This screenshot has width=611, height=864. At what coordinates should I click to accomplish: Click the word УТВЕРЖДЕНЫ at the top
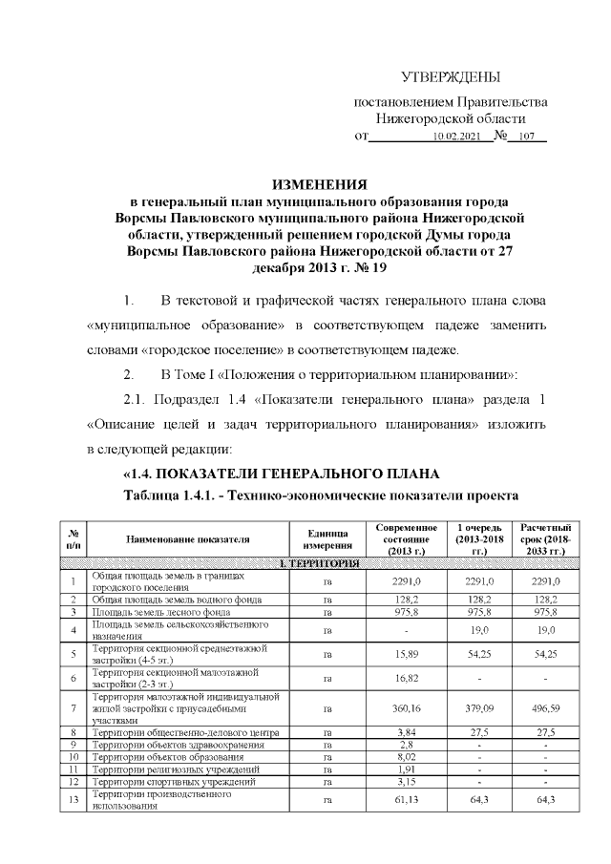coord(450,77)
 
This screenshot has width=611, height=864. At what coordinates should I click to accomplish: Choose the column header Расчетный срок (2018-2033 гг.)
coord(545,539)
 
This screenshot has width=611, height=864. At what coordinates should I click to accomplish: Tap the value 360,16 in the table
coord(407,708)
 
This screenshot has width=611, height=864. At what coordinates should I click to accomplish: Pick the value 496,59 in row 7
coord(545,708)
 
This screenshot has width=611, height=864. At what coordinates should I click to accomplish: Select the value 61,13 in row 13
coord(407,799)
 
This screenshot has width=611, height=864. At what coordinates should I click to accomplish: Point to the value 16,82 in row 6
coord(407,677)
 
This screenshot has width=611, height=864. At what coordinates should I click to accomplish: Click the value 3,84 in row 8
coord(407,732)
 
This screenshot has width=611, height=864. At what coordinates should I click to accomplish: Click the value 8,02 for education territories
coord(407,756)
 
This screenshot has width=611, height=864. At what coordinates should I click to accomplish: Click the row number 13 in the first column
coord(74,799)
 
